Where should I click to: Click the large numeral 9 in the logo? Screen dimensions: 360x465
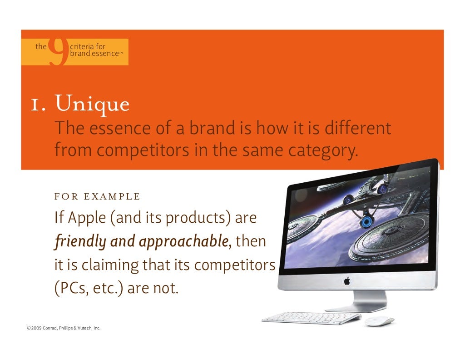[x=58, y=51]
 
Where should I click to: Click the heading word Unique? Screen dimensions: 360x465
[x=92, y=104]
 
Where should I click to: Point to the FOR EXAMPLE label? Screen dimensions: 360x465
[x=97, y=197]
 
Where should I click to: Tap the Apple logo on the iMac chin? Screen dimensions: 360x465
[x=347, y=281]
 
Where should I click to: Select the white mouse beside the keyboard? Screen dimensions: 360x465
[x=379, y=321]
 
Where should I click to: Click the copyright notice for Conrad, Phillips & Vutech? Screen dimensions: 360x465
[x=64, y=328]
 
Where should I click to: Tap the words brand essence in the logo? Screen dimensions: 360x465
[x=94, y=54]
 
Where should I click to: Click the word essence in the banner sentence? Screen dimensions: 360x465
[x=115, y=129]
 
